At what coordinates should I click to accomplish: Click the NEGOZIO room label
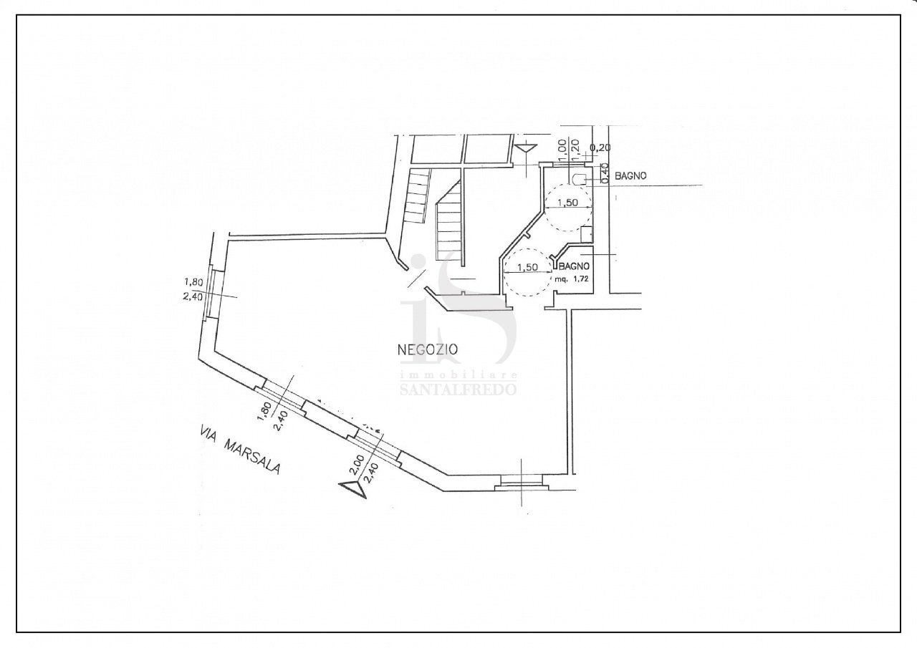click(x=428, y=349)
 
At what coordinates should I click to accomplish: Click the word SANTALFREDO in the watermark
click(x=458, y=389)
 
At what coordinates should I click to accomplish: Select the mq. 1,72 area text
click(x=572, y=279)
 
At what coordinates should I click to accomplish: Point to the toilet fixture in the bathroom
click(x=579, y=179)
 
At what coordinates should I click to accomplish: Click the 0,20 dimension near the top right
click(x=600, y=148)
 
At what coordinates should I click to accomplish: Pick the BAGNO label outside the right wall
click(x=631, y=176)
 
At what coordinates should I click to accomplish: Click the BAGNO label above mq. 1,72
click(x=575, y=266)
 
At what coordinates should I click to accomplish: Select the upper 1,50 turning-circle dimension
click(x=567, y=202)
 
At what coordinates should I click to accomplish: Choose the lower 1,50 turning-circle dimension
click(x=527, y=268)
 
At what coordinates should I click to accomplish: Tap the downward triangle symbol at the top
click(x=527, y=149)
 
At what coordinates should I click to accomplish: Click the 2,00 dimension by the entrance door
click(x=357, y=465)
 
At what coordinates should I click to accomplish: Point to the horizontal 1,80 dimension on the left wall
click(x=193, y=282)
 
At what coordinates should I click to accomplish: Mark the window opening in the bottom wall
click(x=521, y=483)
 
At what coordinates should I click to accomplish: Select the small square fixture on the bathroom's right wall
click(x=587, y=235)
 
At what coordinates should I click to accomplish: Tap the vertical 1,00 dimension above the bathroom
click(x=562, y=150)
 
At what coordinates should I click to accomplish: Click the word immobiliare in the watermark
click(x=458, y=375)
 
